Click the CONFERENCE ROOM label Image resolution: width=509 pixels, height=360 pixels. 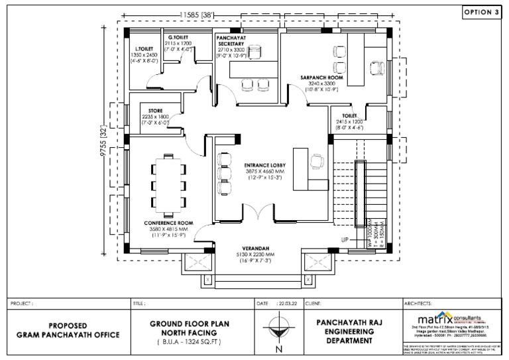pyautogui.click(x=171, y=223)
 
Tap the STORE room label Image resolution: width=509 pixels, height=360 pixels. pyautogui.click(x=156, y=111)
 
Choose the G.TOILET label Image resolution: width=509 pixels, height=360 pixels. pyautogui.click(x=178, y=37)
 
